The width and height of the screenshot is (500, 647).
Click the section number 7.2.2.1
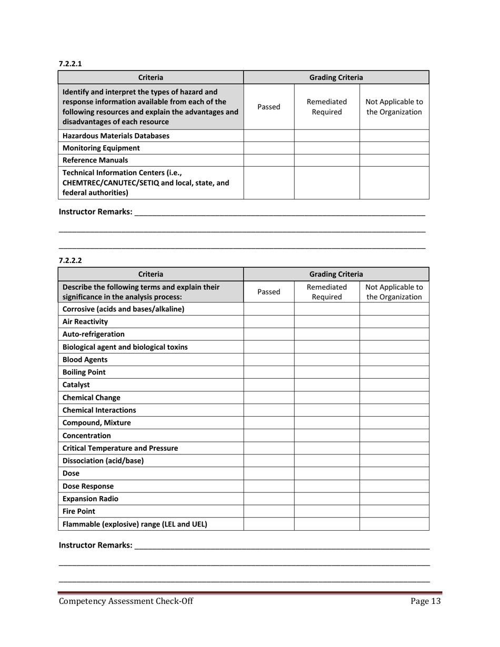[x=68, y=64]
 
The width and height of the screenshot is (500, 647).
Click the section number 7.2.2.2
[x=68, y=260]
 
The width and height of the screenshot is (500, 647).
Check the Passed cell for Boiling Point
[x=269, y=372]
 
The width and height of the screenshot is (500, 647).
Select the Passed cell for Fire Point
[x=269, y=511]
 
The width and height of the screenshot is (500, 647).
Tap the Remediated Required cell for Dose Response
[x=326, y=486]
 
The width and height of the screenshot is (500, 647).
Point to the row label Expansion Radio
[x=88, y=498]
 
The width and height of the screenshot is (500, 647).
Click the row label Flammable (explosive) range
[x=135, y=523]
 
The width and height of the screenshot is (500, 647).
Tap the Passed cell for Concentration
[x=269, y=435]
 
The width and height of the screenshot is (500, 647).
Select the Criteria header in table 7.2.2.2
[x=151, y=274]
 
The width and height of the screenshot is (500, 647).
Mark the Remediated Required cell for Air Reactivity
[x=326, y=321]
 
